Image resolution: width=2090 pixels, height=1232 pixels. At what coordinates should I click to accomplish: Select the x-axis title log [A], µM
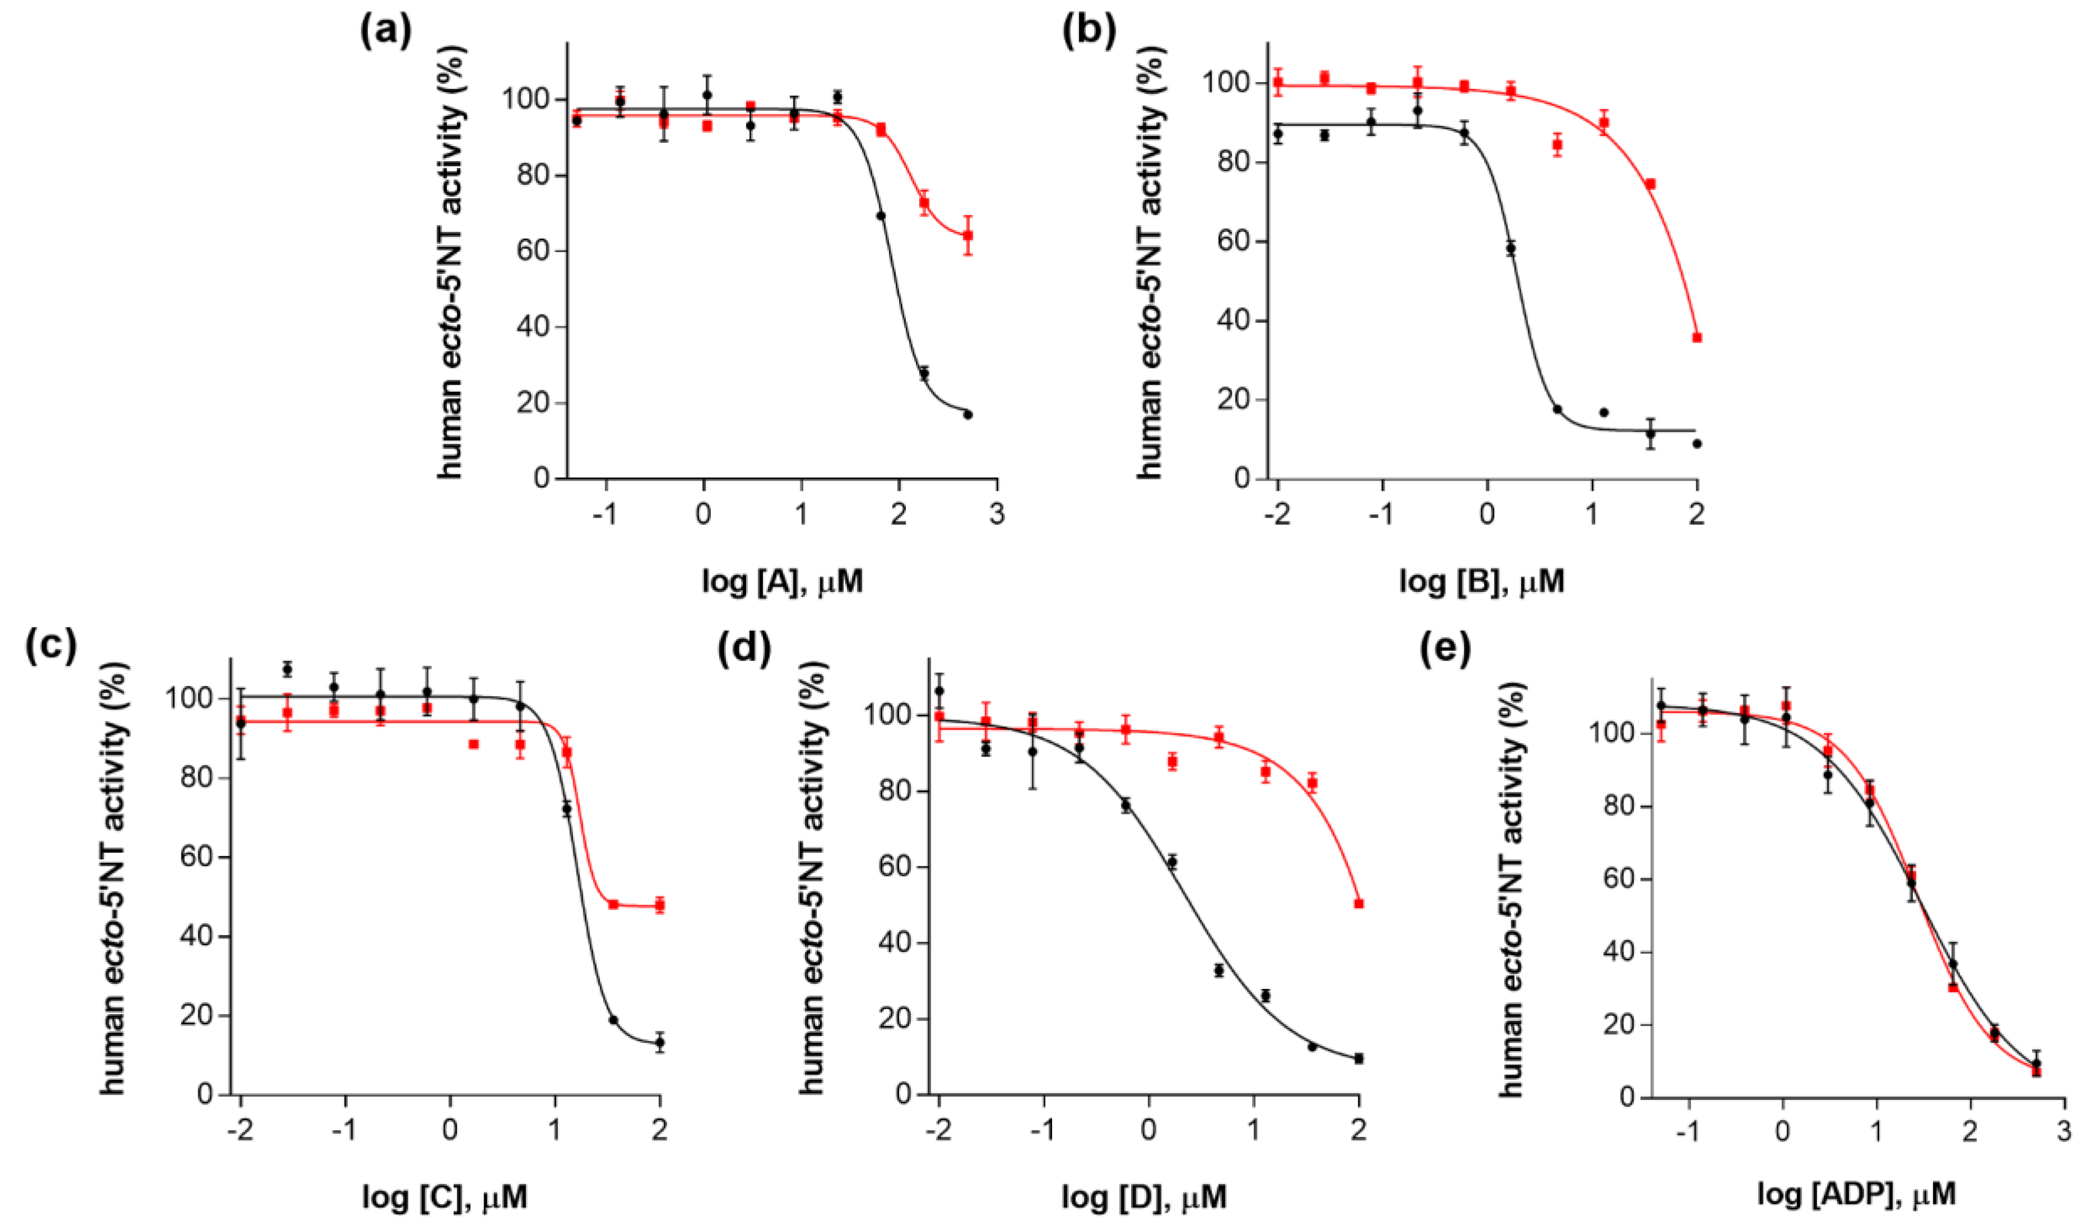point(782,582)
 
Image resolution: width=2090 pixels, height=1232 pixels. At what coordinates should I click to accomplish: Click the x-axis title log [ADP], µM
point(1856,1194)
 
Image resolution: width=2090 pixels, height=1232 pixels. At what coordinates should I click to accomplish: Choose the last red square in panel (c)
point(659,905)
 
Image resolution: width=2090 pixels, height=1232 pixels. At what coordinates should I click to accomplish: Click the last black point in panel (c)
point(659,1043)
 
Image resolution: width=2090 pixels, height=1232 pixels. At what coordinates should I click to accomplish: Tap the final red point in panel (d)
point(1358,903)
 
